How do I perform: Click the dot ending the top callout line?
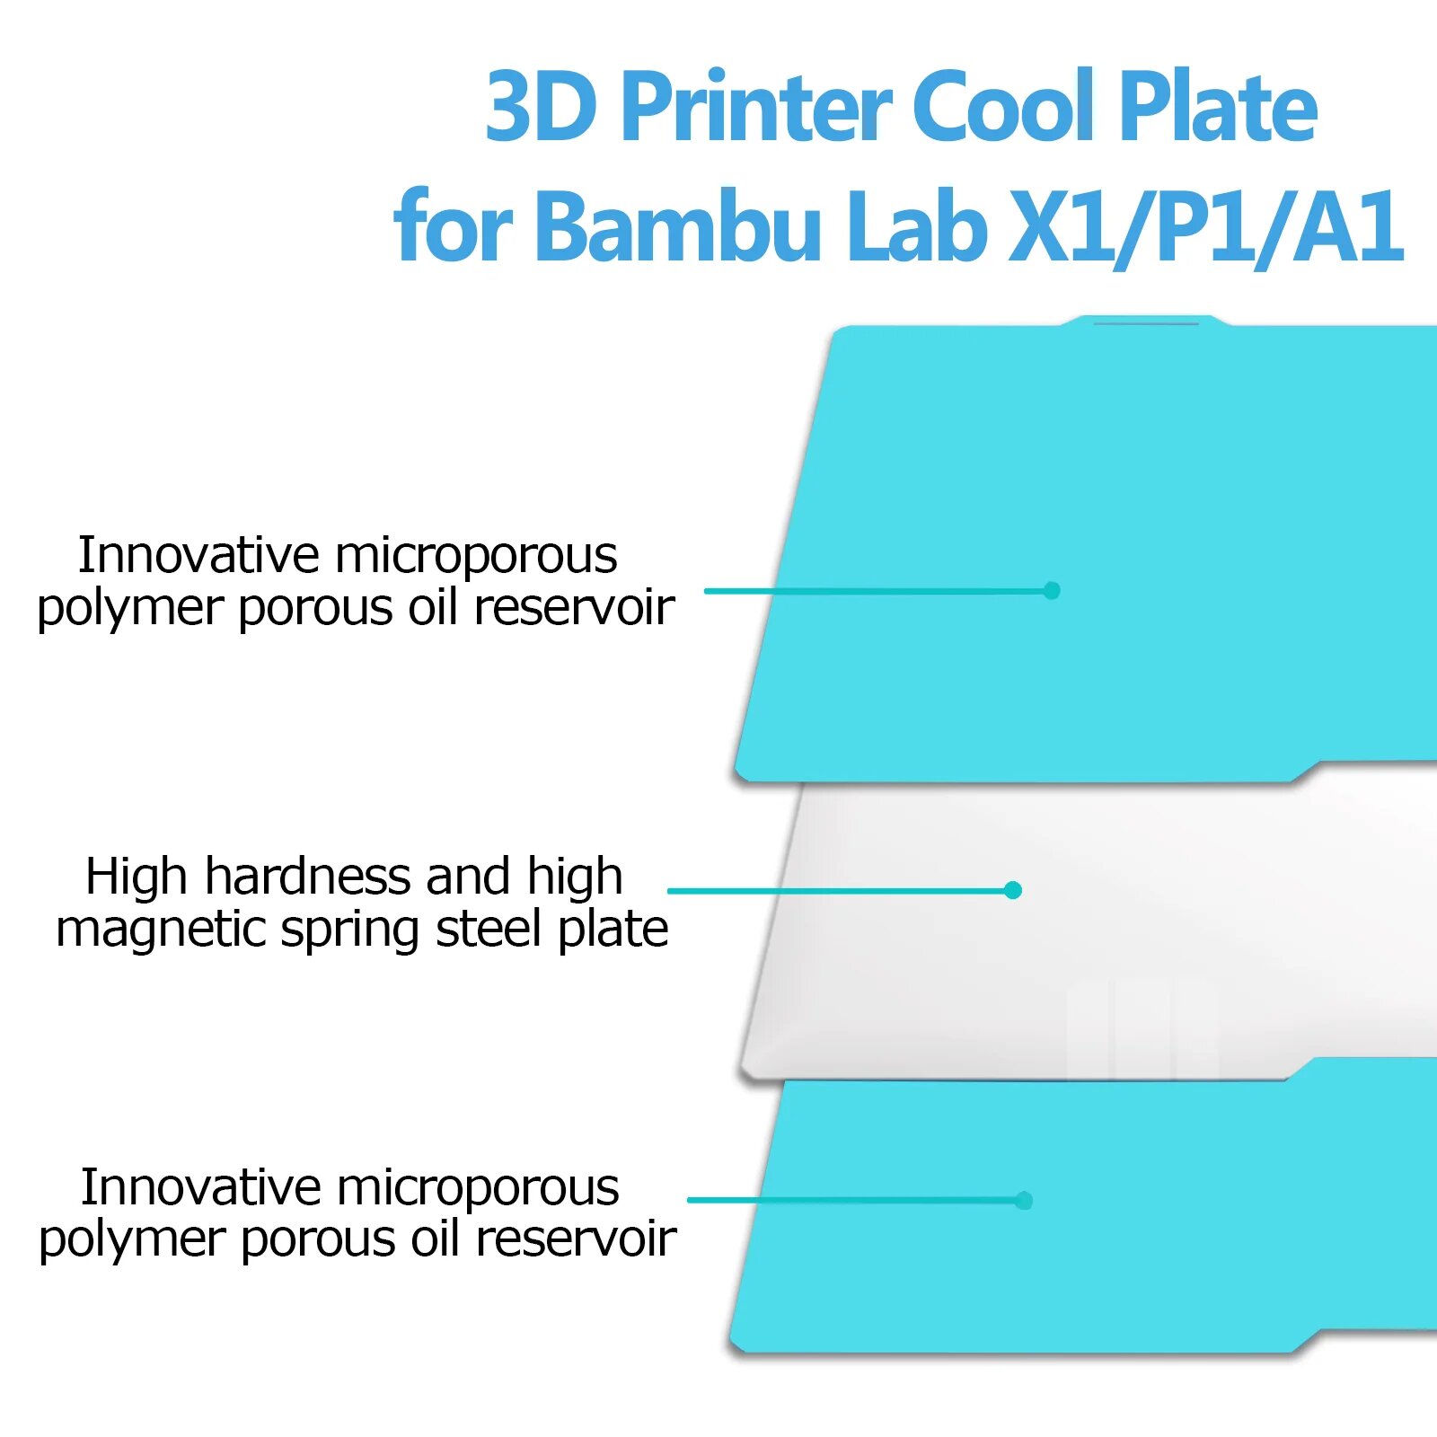click(1052, 590)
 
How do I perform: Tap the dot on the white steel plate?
click(1013, 890)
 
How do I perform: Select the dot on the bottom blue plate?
click(1024, 1200)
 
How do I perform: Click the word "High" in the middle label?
click(137, 877)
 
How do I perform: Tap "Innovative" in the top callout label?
click(198, 555)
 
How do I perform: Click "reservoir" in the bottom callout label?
click(576, 1239)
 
